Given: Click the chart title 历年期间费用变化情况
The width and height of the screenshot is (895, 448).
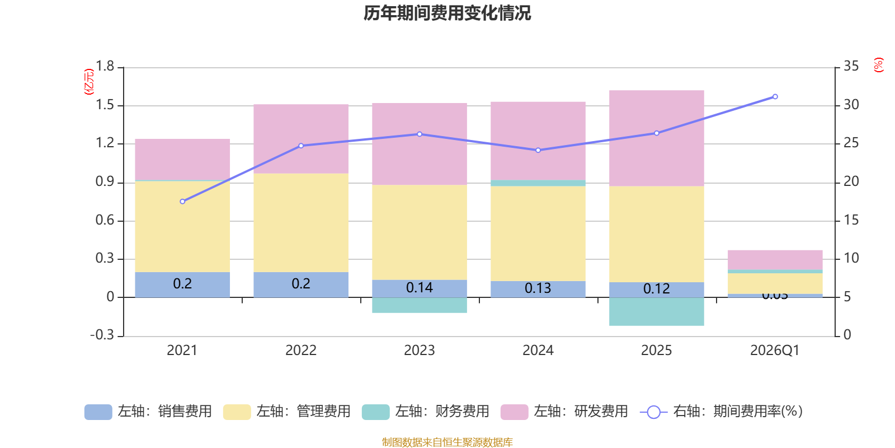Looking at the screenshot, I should pyautogui.click(x=447, y=13).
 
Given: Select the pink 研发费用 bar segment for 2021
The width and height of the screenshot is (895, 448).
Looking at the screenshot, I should pyautogui.click(x=182, y=160).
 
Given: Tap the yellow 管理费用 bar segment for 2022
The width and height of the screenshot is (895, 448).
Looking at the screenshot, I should pyautogui.click(x=301, y=223).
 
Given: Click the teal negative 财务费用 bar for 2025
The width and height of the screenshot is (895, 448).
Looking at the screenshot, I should pyautogui.click(x=656, y=311).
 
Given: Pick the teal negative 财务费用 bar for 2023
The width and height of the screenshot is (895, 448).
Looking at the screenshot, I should pyautogui.click(x=420, y=305).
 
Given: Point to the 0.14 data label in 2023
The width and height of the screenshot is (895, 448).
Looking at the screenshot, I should pyautogui.click(x=420, y=288).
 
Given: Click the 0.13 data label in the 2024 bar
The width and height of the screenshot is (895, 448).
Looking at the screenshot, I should pyautogui.click(x=538, y=288).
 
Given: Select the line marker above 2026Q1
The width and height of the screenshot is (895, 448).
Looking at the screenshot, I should pyautogui.click(x=775, y=97).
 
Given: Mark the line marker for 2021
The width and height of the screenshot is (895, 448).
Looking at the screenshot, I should pyautogui.click(x=182, y=202).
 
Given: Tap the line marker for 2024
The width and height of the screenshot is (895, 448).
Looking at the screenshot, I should pyautogui.click(x=538, y=150).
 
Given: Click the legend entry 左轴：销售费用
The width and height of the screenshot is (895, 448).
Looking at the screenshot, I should pyautogui.click(x=148, y=412).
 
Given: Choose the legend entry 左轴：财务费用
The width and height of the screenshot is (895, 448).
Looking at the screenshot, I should pyautogui.click(x=426, y=412).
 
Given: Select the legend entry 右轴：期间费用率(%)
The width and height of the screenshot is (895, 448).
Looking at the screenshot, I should pyautogui.click(x=722, y=412).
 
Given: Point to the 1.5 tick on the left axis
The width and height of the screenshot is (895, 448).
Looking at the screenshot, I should pyautogui.click(x=105, y=105).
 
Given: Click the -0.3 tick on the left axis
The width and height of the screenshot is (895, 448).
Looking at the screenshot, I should pyautogui.click(x=102, y=335).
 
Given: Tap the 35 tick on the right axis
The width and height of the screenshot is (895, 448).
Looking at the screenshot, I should pyautogui.click(x=851, y=67).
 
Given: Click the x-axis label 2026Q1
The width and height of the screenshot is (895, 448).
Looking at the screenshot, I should pyautogui.click(x=775, y=351).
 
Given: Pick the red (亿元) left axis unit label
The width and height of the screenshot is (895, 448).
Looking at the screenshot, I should pyautogui.click(x=89, y=82).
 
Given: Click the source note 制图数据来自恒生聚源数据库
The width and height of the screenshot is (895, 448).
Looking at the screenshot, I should pyautogui.click(x=447, y=442).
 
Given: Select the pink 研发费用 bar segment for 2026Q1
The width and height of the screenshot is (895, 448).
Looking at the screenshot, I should pyautogui.click(x=775, y=259).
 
